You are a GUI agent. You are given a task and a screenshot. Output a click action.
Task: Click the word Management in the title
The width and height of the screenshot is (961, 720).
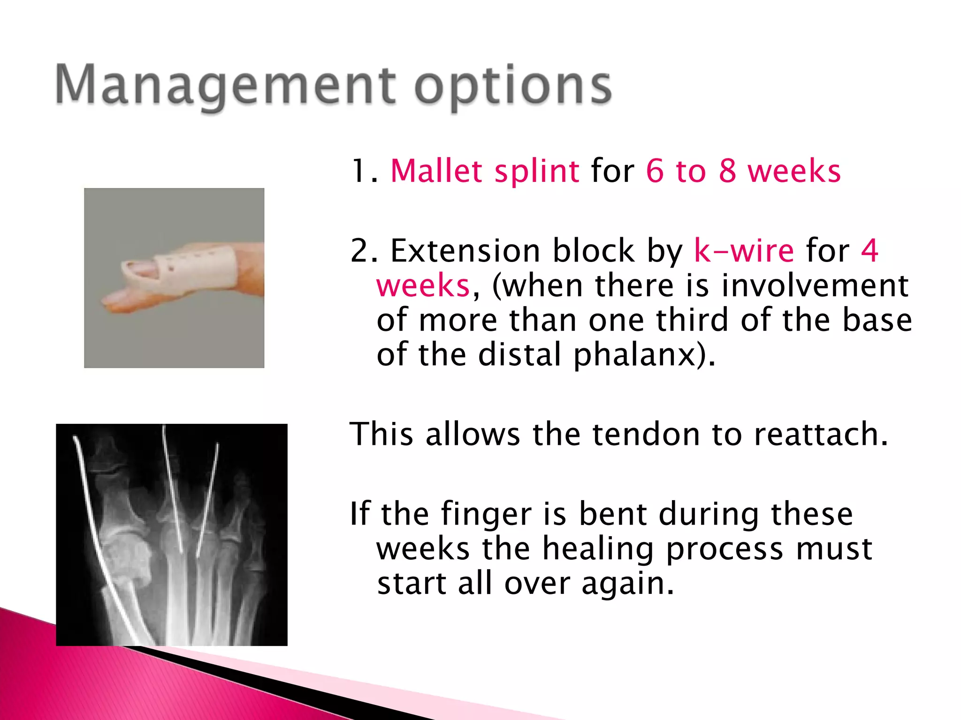225,85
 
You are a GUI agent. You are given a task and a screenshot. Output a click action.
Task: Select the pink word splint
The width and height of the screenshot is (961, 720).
537,172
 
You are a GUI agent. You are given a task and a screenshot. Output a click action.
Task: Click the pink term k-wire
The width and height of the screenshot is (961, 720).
744,251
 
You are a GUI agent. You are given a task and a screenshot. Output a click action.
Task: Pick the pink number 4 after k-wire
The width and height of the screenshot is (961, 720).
869,251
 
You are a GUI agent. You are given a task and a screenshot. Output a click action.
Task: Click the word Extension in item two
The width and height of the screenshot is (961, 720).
465,251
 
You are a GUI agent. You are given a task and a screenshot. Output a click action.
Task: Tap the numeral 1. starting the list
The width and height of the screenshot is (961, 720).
364,172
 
